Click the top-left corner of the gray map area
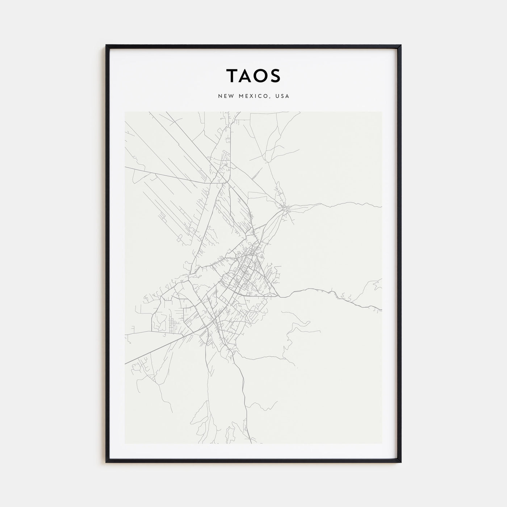coord(125,112)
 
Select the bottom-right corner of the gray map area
coord(382,443)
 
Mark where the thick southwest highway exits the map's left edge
coord(125,363)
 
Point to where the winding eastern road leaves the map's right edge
coord(381,310)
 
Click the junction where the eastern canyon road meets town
coord(278,296)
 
